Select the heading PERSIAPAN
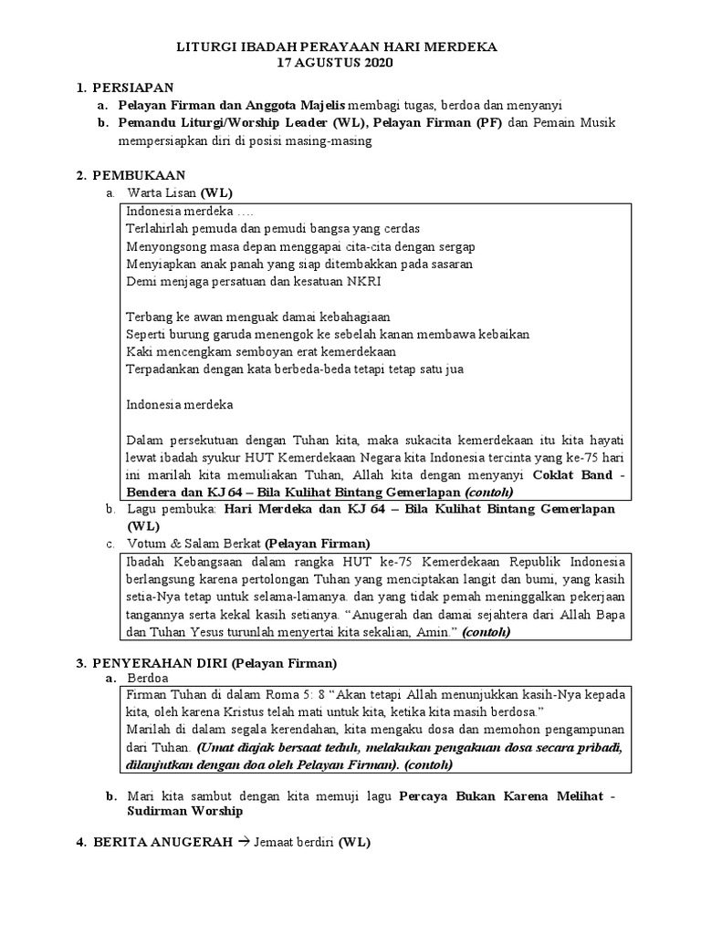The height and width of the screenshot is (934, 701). (x=131, y=88)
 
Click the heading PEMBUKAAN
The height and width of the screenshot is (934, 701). (x=137, y=174)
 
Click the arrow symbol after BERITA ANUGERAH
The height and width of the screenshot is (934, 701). (x=243, y=842)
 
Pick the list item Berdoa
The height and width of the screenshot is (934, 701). (x=148, y=679)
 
